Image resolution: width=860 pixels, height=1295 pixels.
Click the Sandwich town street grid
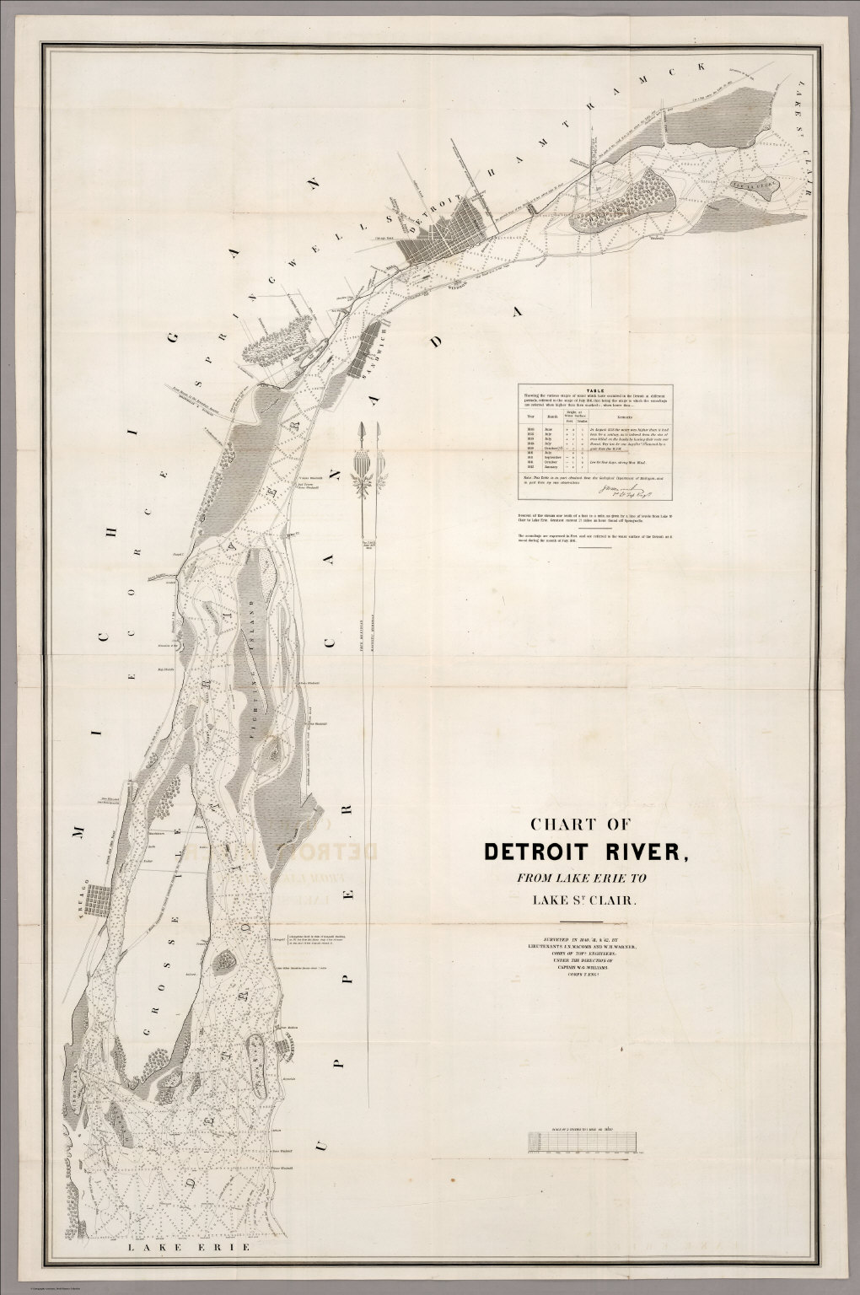tap(371, 346)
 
